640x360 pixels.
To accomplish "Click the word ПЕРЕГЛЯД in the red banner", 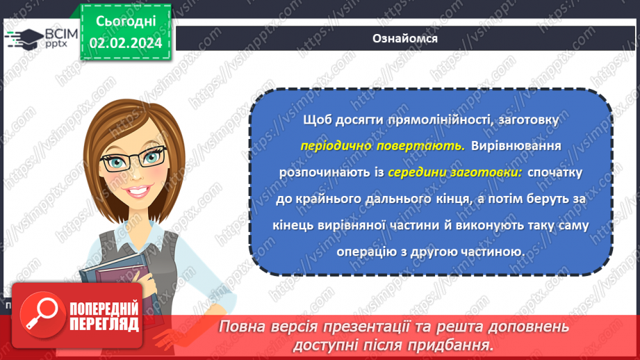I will [104, 323].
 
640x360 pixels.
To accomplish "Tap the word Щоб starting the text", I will [317, 121].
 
